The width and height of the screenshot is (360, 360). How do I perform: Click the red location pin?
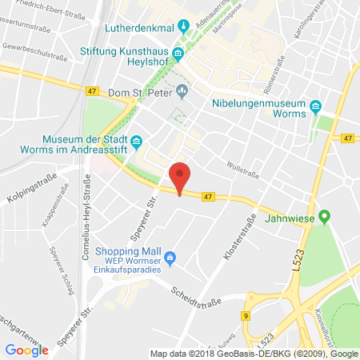182,176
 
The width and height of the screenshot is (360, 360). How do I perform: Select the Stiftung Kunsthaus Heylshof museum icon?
178,54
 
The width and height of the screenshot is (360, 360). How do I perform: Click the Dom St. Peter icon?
182,90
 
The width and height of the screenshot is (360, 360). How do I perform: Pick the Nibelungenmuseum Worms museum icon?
316,106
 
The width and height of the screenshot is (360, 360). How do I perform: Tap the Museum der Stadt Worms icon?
136,142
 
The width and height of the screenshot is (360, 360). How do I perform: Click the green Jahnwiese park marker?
324,216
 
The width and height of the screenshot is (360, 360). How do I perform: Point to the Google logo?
26,350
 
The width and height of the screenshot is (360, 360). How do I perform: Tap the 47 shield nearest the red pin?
208,196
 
